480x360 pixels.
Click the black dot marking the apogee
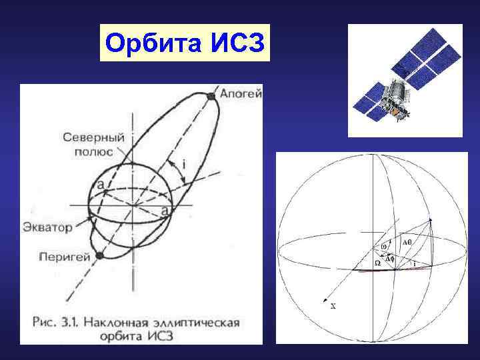211,96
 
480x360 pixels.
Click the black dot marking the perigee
99,255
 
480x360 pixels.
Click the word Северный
94,137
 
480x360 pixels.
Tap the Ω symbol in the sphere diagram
377,263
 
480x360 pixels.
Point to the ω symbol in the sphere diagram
383,246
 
